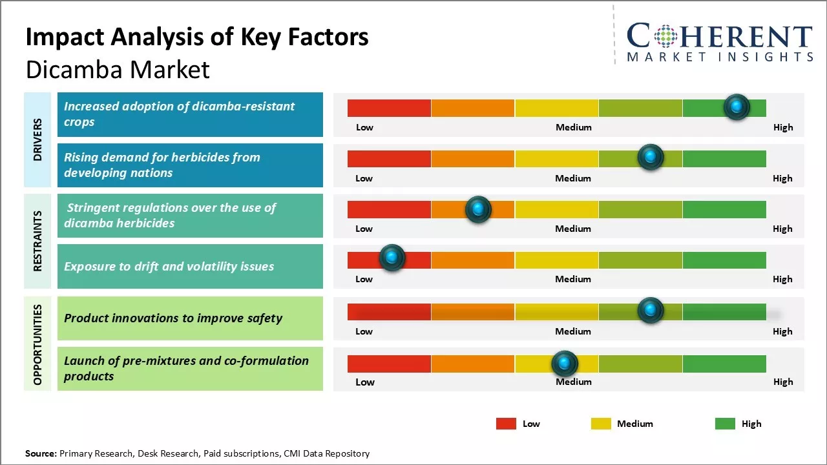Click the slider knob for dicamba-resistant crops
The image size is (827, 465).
click(737, 107)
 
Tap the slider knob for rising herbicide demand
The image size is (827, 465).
click(651, 157)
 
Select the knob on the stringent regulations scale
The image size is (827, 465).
click(478, 209)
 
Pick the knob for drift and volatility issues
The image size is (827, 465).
click(392, 258)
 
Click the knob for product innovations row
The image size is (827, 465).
click(651, 311)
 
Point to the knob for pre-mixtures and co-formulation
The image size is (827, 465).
click(565, 364)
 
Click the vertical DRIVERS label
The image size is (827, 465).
click(37, 139)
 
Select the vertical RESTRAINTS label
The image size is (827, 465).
click(37, 241)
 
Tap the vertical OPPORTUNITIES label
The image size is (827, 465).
click(37, 344)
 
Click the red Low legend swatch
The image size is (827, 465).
click(506, 424)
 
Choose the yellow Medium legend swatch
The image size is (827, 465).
click(601, 424)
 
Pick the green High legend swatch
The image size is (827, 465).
click(725, 424)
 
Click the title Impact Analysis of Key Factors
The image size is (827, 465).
click(197, 37)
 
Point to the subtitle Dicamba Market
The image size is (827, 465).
click(118, 69)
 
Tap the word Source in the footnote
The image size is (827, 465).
click(41, 453)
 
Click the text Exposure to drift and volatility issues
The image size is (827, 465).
click(169, 266)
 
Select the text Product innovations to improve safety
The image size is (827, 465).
click(173, 318)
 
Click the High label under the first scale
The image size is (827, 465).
click(782, 127)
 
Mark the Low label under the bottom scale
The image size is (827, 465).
click(365, 382)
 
